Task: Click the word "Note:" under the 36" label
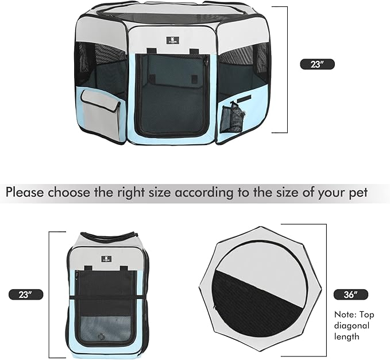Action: [347, 315]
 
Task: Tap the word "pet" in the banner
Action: [358, 192]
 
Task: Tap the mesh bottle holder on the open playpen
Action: [233, 118]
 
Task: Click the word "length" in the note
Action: [347, 337]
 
